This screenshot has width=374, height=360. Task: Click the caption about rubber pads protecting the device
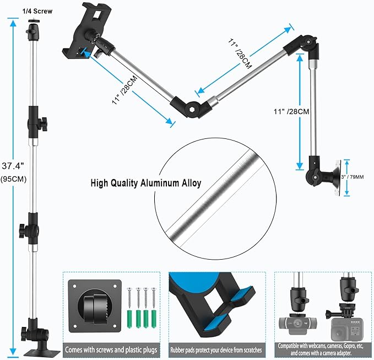tap(216, 348)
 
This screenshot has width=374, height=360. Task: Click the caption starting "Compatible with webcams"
tap(324, 348)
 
